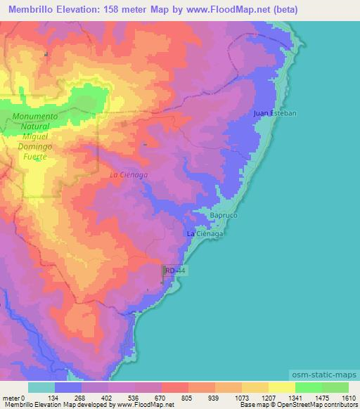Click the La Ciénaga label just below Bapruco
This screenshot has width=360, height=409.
pos(205,233)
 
